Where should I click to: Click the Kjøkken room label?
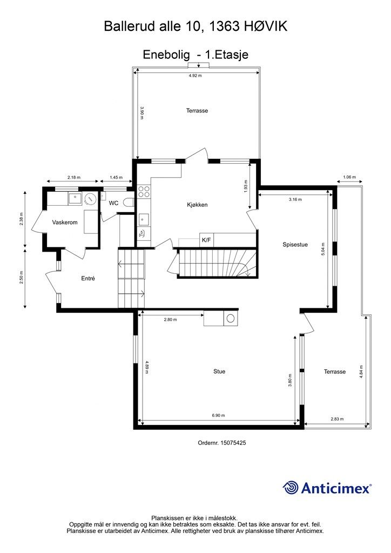tap(197, 205)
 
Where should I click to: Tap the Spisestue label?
tap(295, 245)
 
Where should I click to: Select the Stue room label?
tap(219, 372)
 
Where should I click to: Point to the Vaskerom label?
tap(65, 222)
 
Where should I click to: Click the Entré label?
tap(88, 279)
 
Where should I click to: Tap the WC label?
tap(113, 203)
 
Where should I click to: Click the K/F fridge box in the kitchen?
tap(206, 240)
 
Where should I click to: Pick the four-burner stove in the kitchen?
tap(144, 191)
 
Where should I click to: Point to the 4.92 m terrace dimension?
tap(195, 76)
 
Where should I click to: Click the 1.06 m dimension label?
tap(350, 177)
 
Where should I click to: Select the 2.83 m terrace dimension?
tap(337, 419)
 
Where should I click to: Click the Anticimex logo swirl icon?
tap(291, 488)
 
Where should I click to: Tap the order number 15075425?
tap(234, 442)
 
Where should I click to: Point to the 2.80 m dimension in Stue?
tap(171, 320)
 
